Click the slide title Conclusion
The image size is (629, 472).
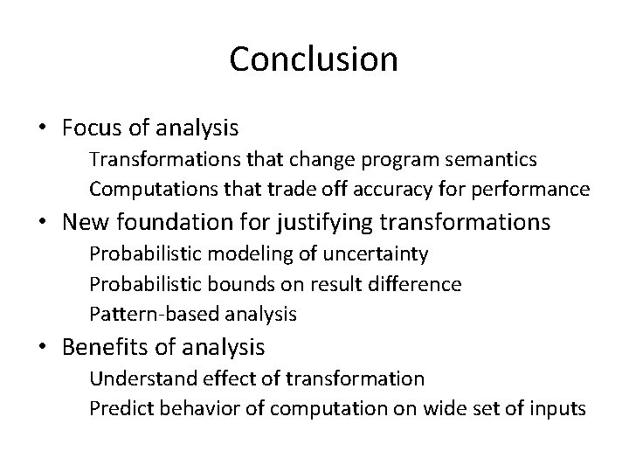coord(314,59)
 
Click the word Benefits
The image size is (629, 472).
coord(106,347)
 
